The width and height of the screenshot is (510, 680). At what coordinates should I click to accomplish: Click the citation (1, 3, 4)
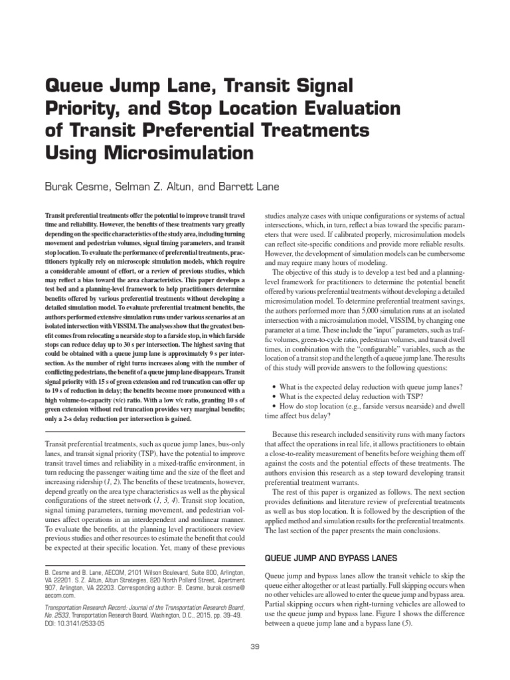coord(166,500)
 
